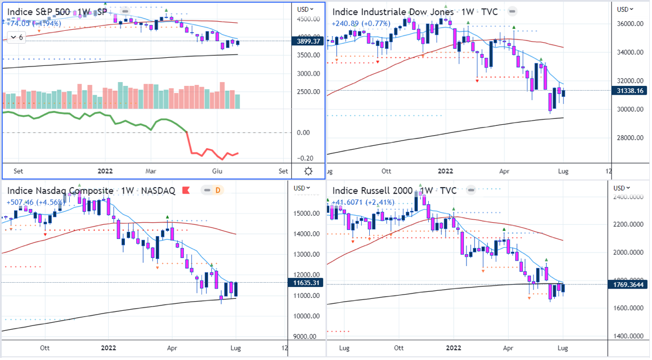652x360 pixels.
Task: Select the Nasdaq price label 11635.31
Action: click(307, 283)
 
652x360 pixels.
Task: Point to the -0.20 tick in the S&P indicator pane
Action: click(307, 158)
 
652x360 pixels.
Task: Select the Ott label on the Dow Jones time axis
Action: click(386, 171)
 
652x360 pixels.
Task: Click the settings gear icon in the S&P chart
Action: click(308, 171)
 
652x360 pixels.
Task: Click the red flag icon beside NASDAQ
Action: click(187, 190)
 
